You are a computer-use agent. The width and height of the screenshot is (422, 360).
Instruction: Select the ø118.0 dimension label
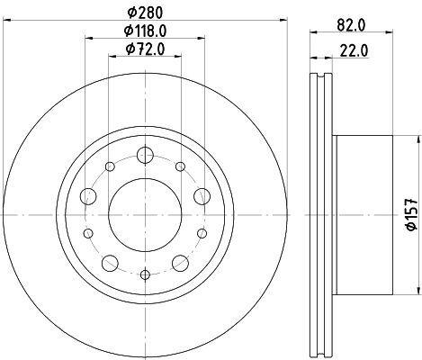click(144, 30)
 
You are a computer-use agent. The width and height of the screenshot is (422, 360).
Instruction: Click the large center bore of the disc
click(144, 213)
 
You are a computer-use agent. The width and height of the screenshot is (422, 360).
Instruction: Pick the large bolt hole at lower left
click(111, 263)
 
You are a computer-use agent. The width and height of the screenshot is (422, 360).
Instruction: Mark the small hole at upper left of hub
click(110, 166)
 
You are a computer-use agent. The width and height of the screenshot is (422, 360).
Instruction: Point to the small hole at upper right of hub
click(179, 166)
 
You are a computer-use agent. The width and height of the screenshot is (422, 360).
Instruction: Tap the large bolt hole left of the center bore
click(88, 196)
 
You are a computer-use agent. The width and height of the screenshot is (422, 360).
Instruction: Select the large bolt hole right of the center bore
click(200, 196)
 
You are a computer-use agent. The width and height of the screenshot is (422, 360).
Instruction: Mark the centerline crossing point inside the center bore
click(144, 214)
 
